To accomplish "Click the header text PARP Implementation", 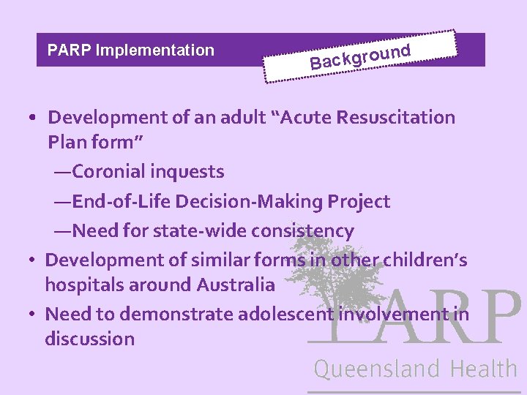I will [130, 50].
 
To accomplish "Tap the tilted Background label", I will [359, 56].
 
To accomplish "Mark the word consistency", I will [303, 231].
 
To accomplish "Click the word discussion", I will [89, 339].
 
